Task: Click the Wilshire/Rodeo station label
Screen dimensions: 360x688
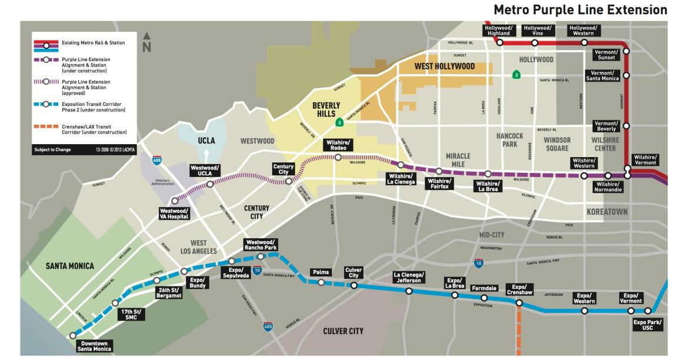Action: tap(338, 145)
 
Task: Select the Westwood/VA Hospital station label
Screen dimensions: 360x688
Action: tap(175, 214)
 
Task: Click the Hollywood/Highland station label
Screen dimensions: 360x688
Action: tap(499, 31)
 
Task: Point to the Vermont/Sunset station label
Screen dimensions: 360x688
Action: tap(608, 54)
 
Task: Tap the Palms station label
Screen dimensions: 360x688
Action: tap(321, 272)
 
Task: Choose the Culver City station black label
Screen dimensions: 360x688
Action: tap(353, 272)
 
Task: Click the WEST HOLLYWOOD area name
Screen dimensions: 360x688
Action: tap(445, 66)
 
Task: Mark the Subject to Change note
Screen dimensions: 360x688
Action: tap(52, 149)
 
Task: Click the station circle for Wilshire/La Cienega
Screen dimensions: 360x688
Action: tap(401, 165)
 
